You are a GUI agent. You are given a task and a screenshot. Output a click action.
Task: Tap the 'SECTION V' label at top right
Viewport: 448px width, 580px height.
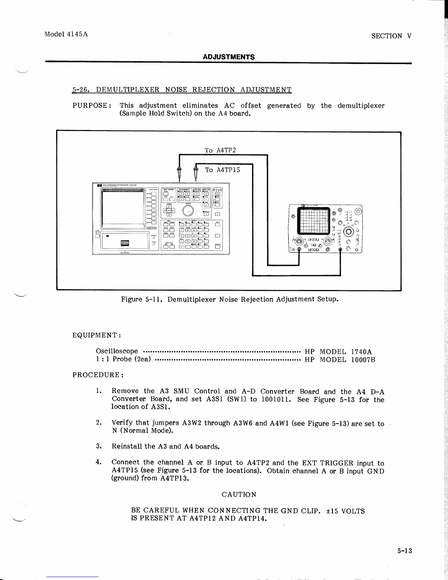(391, 36)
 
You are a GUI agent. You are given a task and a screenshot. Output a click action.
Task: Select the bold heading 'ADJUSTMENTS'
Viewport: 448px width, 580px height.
(229, 57)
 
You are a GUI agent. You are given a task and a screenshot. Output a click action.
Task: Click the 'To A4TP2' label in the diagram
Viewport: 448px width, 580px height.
(220, 150)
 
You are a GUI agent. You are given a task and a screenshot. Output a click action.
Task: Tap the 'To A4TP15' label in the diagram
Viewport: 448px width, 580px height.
(223, 170)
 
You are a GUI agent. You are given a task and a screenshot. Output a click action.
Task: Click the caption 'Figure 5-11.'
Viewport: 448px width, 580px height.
(142, 299)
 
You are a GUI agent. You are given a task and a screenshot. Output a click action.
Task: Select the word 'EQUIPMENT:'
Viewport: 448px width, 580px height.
(97, 335)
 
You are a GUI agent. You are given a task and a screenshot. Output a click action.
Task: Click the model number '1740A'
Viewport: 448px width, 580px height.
(361, 351)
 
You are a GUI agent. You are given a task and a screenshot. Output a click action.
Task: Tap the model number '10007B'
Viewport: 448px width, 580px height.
(363, 359)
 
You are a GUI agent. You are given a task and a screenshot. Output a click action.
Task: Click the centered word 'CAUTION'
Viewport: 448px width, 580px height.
(239, 494)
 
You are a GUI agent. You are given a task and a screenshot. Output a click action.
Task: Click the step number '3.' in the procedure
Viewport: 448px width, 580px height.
(98, 446)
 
